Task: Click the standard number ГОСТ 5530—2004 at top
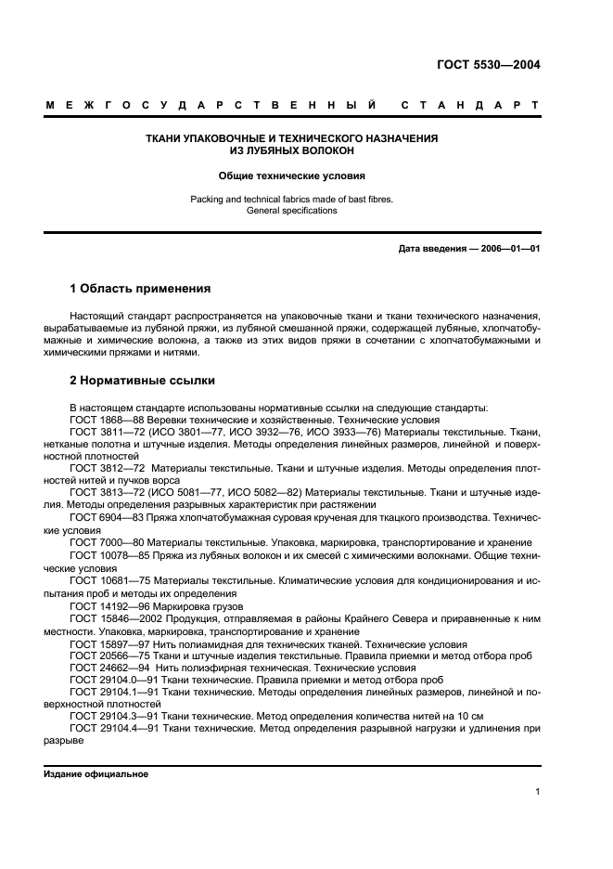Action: click(488, 65)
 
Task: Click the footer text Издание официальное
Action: click(96, 774)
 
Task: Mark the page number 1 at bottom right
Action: click(538, 792)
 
